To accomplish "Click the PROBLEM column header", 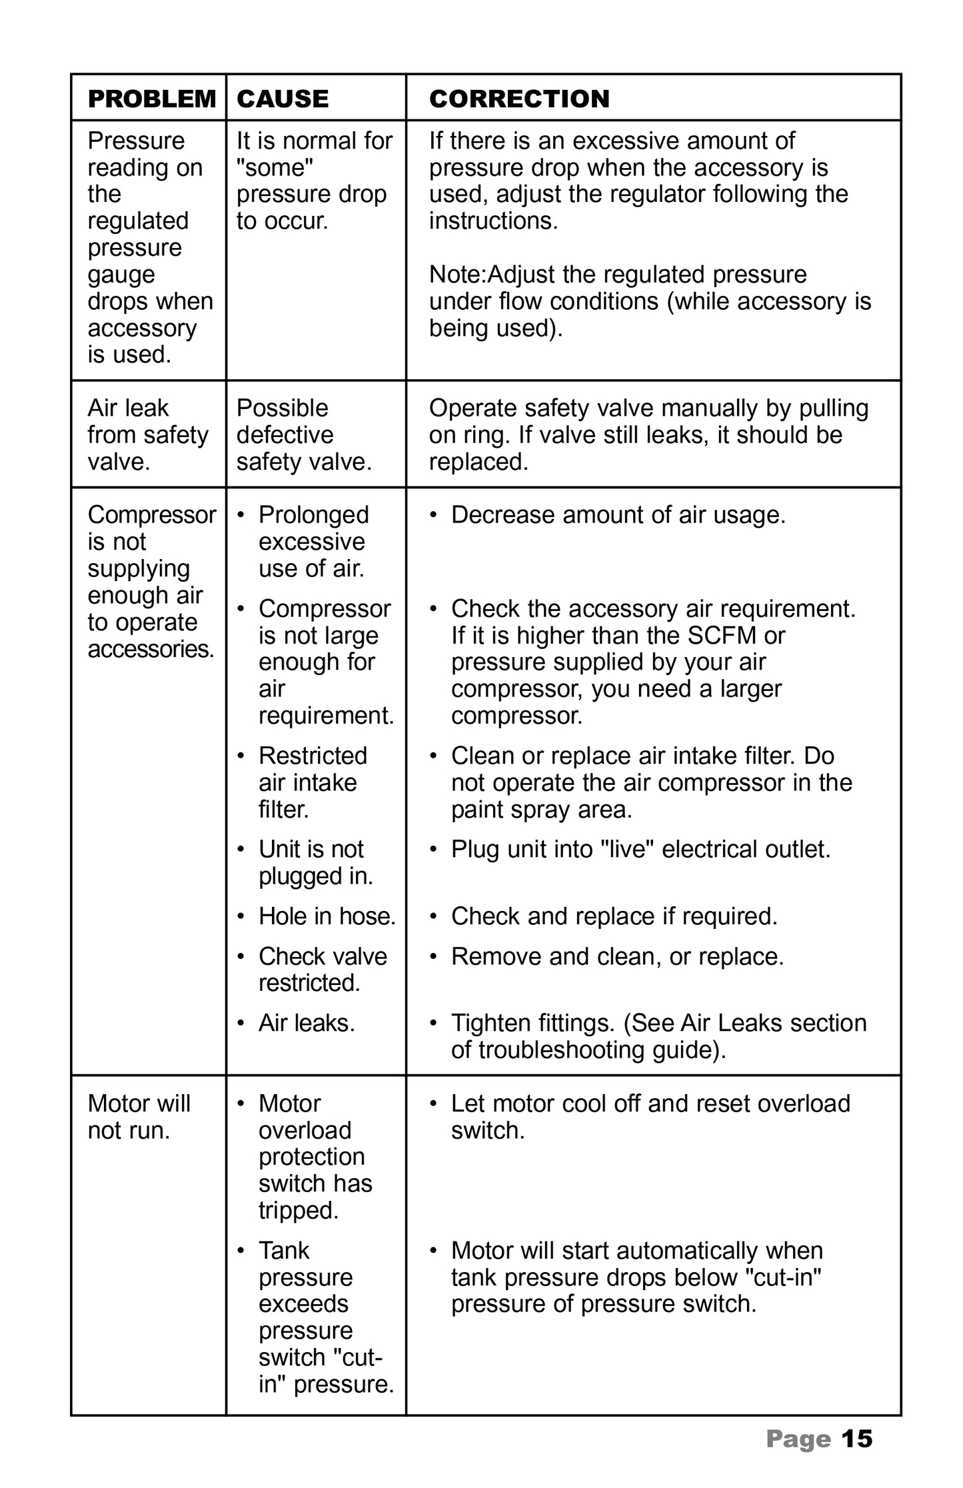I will pos(152,99).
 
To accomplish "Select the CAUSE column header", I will pos(283,99).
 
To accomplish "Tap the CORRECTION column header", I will pos(519,99).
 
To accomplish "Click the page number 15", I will pos(856,1439).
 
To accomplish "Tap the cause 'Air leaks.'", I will pos(307,1023).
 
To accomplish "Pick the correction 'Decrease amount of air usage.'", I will pos(618,515).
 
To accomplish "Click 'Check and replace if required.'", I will pos(614,916).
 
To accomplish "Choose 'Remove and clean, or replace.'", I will pos(617,956).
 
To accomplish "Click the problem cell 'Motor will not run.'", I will pos(139,1117).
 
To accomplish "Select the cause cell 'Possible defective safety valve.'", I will pos(304,434).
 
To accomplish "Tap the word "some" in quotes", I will pos(275,168).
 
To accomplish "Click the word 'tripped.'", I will pos(299,1210).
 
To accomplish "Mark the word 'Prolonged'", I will pos(313,515).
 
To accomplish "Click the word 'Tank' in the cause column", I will pos(284,1251).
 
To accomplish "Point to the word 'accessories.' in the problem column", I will pos(151,649).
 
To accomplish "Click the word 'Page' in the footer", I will pos(798,1439).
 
